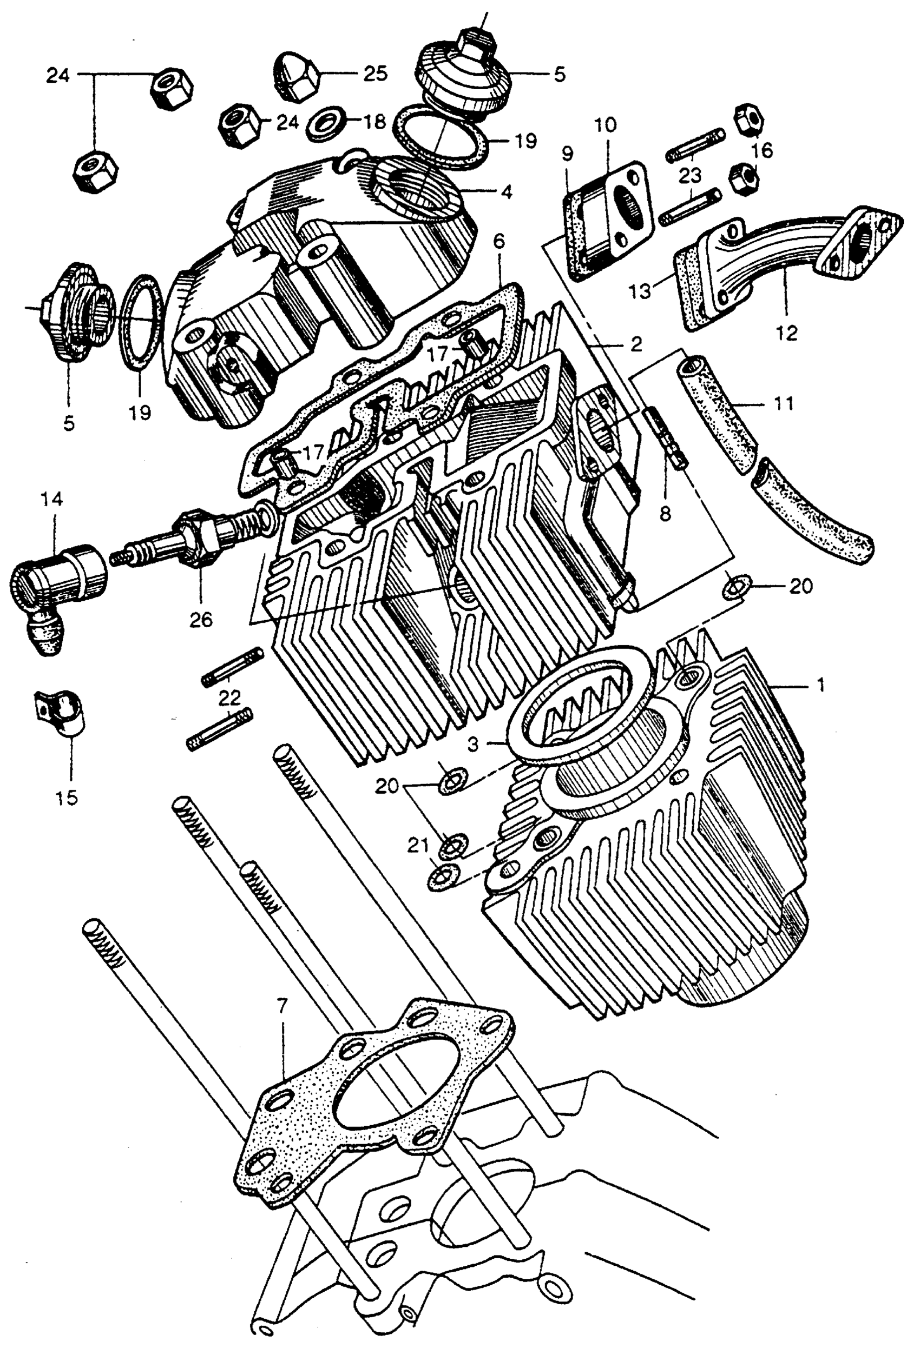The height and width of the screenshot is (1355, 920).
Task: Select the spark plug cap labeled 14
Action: pos(55,577)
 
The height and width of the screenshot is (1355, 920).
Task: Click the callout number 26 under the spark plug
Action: pos(200,619)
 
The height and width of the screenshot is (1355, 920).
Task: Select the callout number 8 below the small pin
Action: pos(665,513)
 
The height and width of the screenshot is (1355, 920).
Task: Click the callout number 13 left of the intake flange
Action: pos(642,290)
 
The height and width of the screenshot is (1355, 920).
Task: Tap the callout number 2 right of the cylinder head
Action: pos(635,344)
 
